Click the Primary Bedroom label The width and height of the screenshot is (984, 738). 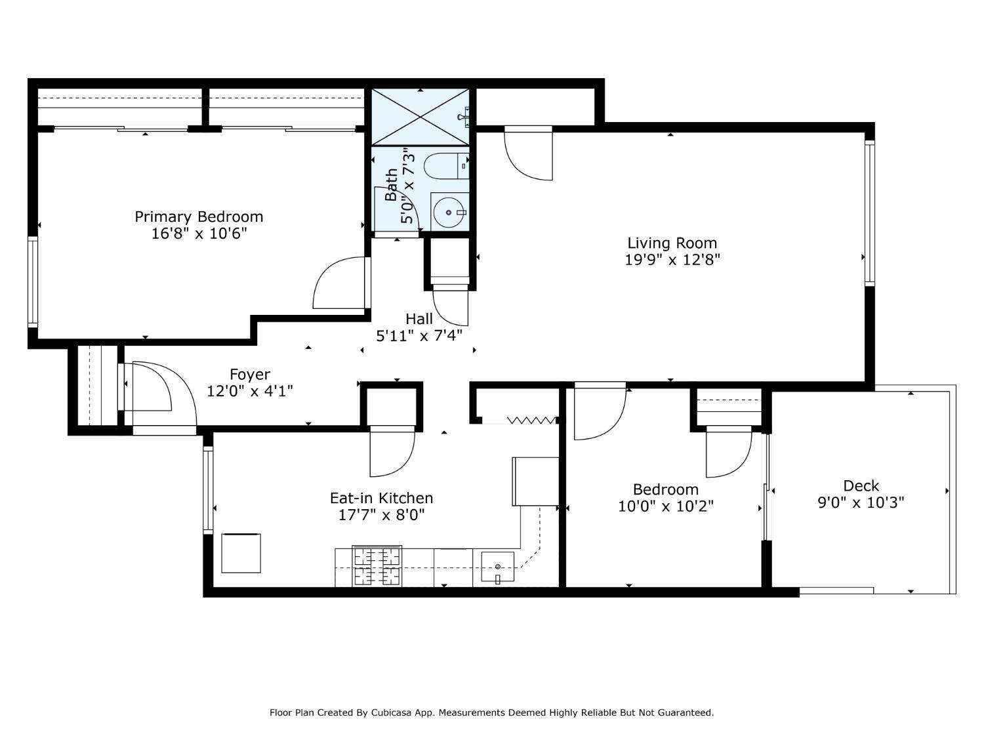199,216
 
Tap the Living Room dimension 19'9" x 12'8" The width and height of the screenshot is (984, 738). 672,259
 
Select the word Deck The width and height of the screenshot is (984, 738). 861,485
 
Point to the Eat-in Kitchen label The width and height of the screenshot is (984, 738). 381,498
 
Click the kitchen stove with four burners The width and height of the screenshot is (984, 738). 377,565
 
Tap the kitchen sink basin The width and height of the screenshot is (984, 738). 497,567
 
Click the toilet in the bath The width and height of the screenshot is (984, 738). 446,166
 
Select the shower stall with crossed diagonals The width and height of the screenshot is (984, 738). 420,117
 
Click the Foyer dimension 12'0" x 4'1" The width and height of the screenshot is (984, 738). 250,391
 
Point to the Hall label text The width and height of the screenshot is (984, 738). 419,319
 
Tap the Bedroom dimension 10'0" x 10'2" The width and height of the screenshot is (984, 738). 665,506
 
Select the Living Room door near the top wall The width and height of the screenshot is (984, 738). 528,153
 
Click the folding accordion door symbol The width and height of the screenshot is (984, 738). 531,420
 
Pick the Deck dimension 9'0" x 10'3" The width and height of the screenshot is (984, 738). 861,502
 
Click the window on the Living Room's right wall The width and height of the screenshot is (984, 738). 870,213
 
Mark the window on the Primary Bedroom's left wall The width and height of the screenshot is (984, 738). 33,282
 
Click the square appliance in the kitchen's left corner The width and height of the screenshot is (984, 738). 241,553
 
